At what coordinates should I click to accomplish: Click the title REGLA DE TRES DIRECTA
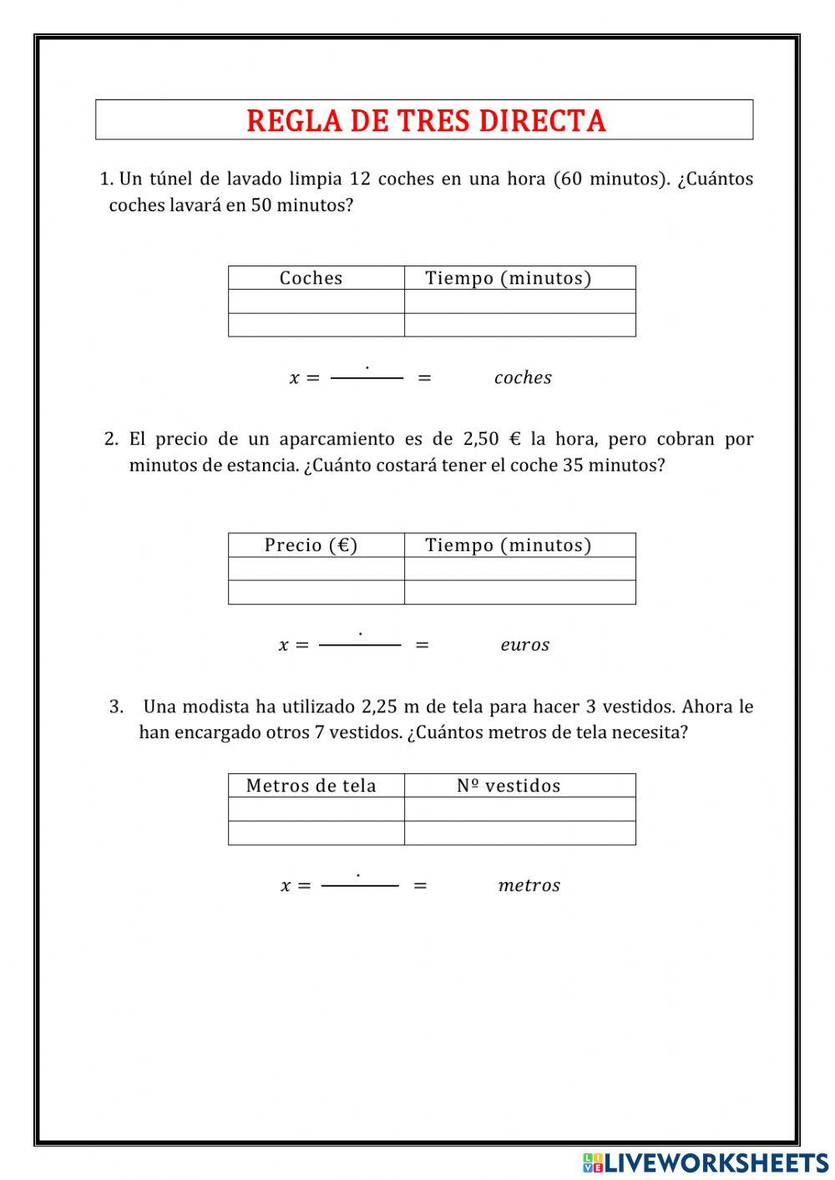(425, 121)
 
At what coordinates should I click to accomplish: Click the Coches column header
(311, 278)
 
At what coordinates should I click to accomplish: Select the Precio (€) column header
(311, 545)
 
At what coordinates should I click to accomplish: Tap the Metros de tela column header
(311, 786)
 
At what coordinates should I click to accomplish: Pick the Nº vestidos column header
(509, 786)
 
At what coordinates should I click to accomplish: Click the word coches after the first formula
(523, 378)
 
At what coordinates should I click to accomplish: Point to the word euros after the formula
(524, 646)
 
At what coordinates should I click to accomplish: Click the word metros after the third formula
(529, 886)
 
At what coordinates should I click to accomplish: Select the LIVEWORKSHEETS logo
(706, 1162)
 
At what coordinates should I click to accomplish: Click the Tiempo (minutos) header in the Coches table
(508, 278)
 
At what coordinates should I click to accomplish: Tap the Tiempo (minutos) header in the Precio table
(508, 545)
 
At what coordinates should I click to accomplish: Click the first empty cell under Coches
(316, 301)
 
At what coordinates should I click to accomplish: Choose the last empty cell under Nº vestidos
(519, 833)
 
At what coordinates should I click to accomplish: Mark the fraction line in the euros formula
(360, 646)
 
